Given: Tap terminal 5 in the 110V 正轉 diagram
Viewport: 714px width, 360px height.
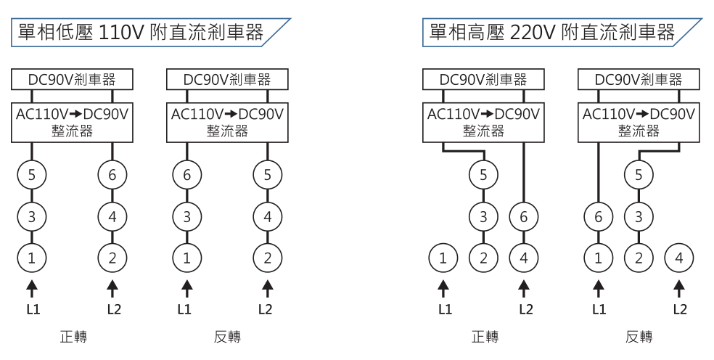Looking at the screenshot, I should point(31,174).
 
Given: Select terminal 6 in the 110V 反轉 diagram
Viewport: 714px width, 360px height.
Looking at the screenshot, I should point(186,174).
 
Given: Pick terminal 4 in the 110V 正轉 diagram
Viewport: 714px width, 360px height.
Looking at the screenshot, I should point(112,216).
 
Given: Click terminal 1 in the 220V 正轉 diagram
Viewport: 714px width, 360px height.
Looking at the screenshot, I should point(443,257).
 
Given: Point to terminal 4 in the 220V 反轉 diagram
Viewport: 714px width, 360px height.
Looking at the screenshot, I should point(679,257).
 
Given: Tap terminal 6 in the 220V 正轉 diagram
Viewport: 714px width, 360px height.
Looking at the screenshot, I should point(524,216).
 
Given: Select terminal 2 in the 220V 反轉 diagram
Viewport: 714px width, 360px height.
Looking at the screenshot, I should point(639,257).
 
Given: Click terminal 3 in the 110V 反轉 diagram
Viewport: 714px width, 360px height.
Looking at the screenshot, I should point(186,216).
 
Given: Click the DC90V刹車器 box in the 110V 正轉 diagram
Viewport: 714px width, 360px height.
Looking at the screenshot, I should point(72,79).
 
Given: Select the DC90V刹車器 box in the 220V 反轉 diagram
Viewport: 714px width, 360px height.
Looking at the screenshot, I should point(639,79).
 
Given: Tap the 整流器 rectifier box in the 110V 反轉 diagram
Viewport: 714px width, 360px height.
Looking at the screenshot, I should point(227,122).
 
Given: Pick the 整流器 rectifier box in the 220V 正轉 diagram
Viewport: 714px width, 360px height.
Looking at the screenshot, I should point(483,122).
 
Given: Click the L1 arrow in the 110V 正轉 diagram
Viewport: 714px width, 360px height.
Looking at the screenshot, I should point(31,288).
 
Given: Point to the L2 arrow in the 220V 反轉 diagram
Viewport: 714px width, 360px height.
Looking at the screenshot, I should point(679,288).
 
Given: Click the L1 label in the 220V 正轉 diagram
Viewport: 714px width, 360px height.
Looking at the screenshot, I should point(444,309).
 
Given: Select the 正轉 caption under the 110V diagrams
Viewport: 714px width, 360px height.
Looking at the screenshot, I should point(73,337).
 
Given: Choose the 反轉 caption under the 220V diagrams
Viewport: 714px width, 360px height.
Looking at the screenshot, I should point(639,337).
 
